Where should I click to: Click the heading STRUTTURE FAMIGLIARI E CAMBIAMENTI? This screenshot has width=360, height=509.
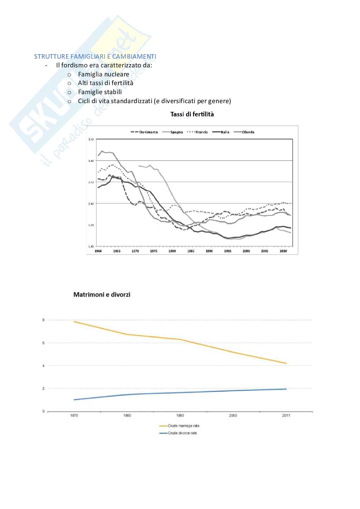click(95, 57)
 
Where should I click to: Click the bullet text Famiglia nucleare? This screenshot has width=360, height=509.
click(104, 74)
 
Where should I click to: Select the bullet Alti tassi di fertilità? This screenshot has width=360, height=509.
click(105, 83)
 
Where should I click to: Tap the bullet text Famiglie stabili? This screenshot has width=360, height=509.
click(100, 92)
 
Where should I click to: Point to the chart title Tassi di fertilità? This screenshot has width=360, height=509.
click(192, 114)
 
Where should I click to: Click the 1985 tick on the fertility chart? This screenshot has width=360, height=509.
click(191, 251)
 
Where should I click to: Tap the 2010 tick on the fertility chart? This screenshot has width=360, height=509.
click(283, 251)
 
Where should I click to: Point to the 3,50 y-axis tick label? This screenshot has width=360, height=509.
click(90, 140)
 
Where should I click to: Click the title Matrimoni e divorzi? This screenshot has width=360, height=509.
click(102, 295)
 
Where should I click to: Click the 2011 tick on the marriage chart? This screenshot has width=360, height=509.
click(286, 416)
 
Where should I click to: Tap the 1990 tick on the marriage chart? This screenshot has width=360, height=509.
click(180, 416)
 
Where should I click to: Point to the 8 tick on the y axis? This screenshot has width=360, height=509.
click(43, 320)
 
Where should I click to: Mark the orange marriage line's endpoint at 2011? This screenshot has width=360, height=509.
click(286, 363)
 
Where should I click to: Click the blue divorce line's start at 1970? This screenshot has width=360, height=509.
click(74, 400)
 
